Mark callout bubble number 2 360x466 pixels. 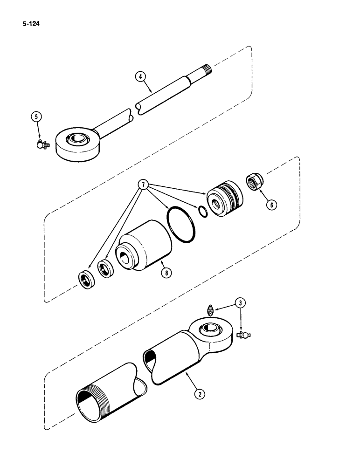[200, 393]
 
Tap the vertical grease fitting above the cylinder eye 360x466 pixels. [210, 310]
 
